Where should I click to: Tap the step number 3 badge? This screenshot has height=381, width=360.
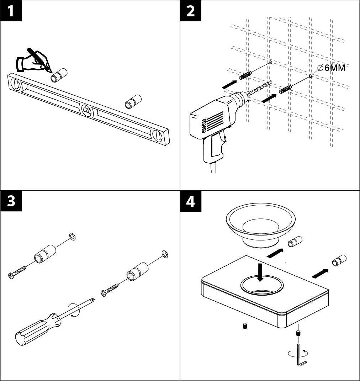(x=11, y=201)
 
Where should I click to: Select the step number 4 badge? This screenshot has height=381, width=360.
(x=191, y=201)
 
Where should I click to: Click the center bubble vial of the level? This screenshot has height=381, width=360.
(x=86, y=110)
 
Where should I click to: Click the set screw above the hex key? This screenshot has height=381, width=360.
(x=298, y=334)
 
